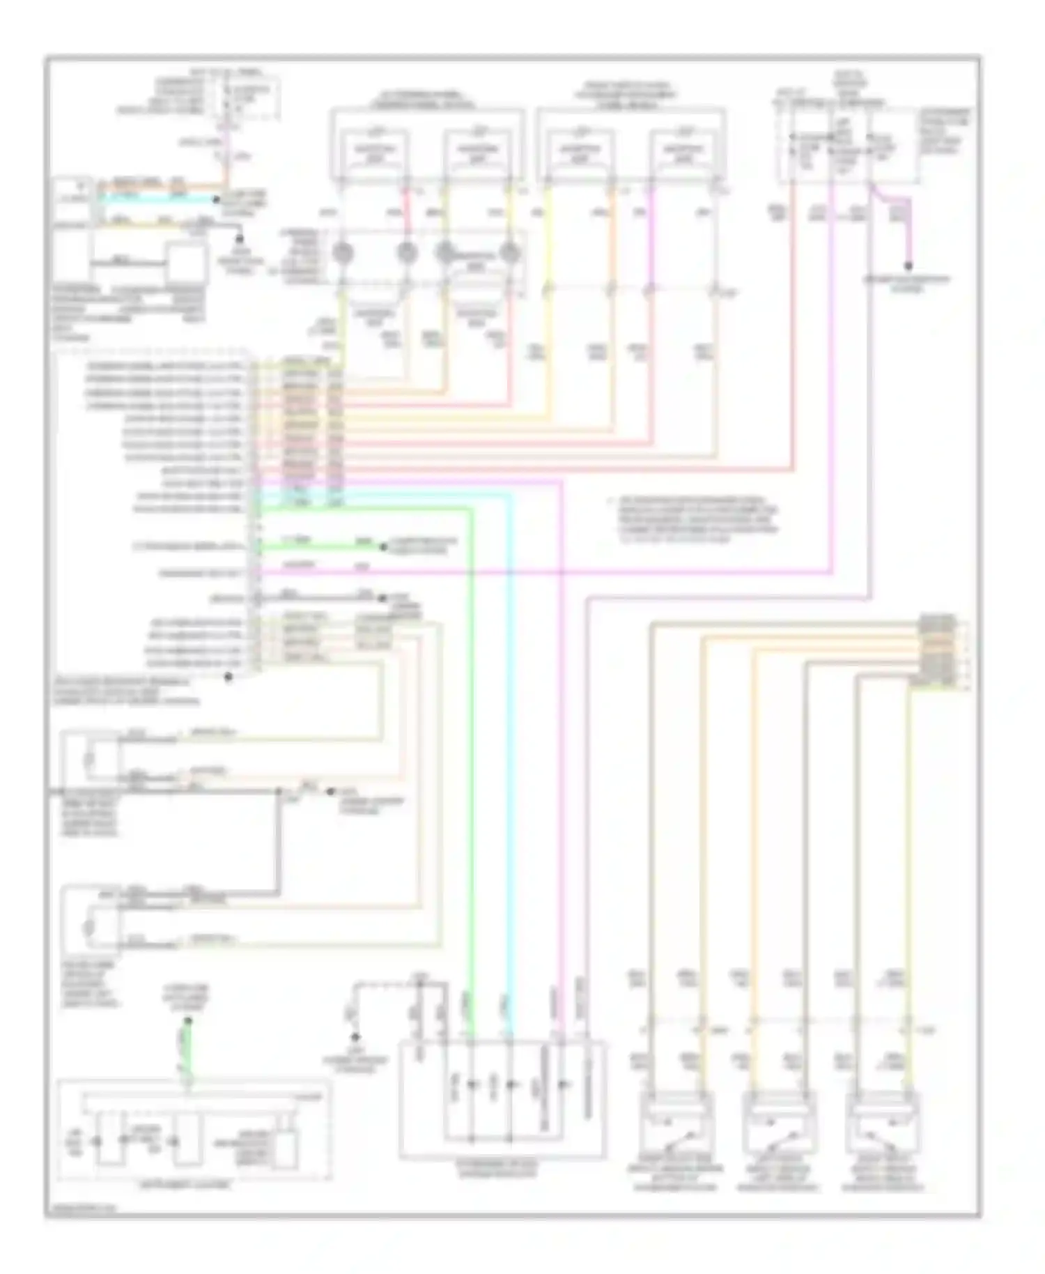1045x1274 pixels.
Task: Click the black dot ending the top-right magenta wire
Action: coord(908,266)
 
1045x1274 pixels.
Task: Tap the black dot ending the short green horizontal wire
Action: coord(383,547)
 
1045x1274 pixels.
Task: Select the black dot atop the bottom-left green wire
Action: coord(187,1021)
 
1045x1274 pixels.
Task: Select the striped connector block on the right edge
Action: coord(937,652)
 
